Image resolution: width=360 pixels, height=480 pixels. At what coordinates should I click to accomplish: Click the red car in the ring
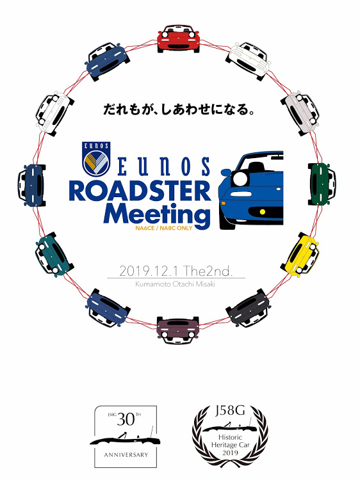click(x=178, y=39)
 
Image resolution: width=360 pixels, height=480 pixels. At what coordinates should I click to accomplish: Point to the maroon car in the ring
click(x=178, y=330)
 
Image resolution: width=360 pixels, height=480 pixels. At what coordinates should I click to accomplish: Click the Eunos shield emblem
click(x=96, y=159)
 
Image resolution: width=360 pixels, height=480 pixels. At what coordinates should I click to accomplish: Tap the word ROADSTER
click(x=140, y=191)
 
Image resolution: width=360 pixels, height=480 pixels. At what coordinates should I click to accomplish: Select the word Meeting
click(x=157, y=214)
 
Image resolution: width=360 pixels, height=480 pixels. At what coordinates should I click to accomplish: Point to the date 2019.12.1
click(x=148, y=271)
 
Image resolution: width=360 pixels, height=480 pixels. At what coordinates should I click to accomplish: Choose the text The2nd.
click(x=208, y=271)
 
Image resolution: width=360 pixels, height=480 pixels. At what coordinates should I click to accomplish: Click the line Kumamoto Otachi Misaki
click(x=176, y=284)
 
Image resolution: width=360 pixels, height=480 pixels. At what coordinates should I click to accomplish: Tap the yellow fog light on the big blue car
click(x=262, y=212)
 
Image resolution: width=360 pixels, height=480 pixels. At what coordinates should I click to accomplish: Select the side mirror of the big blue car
click(x=226, y=173)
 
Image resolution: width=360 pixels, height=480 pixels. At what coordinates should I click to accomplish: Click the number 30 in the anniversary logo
click(x=126, y=420)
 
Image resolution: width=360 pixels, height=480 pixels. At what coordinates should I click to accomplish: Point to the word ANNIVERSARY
click(x=126, y=455)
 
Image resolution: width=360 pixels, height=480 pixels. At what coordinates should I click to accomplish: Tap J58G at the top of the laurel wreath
click(x=230, y=410)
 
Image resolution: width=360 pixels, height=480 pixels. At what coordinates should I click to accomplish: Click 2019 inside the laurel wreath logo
click(x=230, y=452)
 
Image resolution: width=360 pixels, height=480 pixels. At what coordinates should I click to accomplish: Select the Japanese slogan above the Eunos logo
click(x=179, y=109)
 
